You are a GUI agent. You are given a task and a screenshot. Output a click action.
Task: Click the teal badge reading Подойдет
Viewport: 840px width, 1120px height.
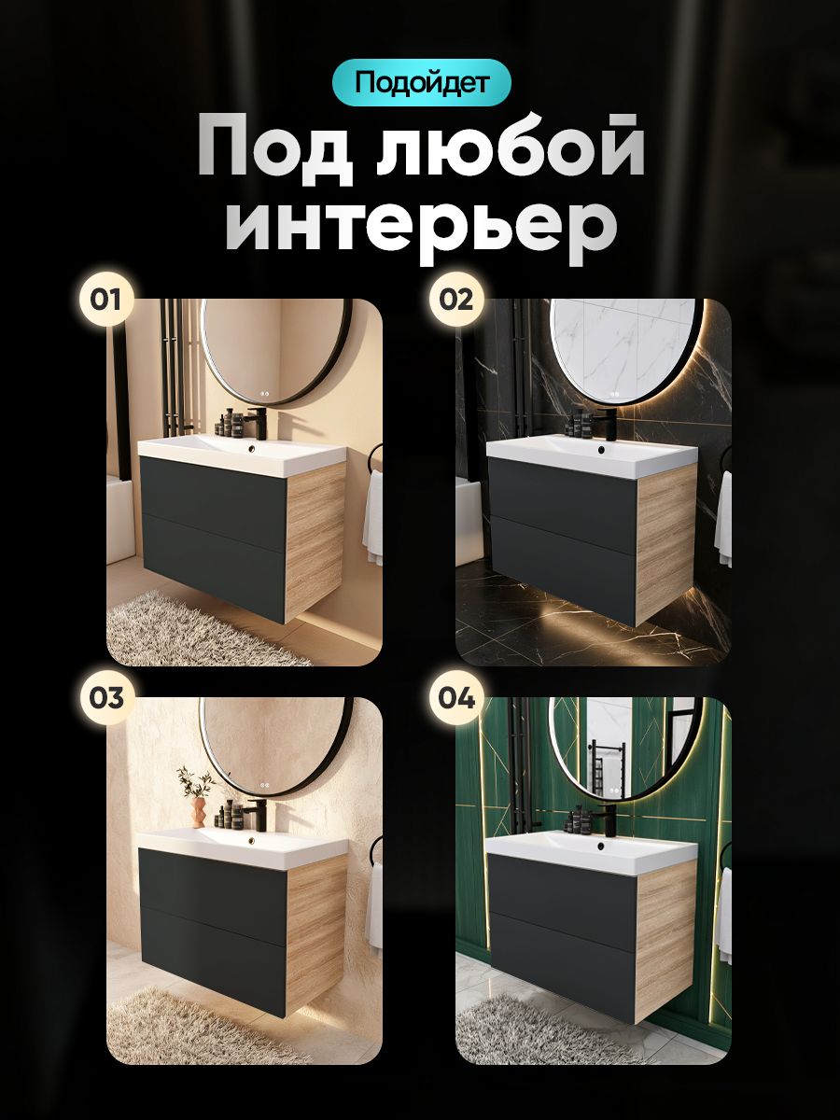tap(421, 83)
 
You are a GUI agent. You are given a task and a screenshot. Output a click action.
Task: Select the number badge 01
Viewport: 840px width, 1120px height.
tap(105, 300)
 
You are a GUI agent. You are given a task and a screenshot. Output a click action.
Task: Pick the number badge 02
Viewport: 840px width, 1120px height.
tap(456, 300)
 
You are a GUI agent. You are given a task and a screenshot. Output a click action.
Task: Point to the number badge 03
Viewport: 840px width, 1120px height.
tap(105, 697)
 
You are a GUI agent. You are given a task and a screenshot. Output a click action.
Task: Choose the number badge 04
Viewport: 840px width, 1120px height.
tap(456, 697)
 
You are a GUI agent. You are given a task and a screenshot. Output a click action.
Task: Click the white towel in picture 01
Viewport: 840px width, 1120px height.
tap(372, 516)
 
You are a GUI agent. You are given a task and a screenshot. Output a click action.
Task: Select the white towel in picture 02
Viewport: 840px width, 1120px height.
tap(722, 520)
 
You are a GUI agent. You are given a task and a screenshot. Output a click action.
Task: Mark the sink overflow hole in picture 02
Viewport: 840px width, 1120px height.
tap(601, 450)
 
